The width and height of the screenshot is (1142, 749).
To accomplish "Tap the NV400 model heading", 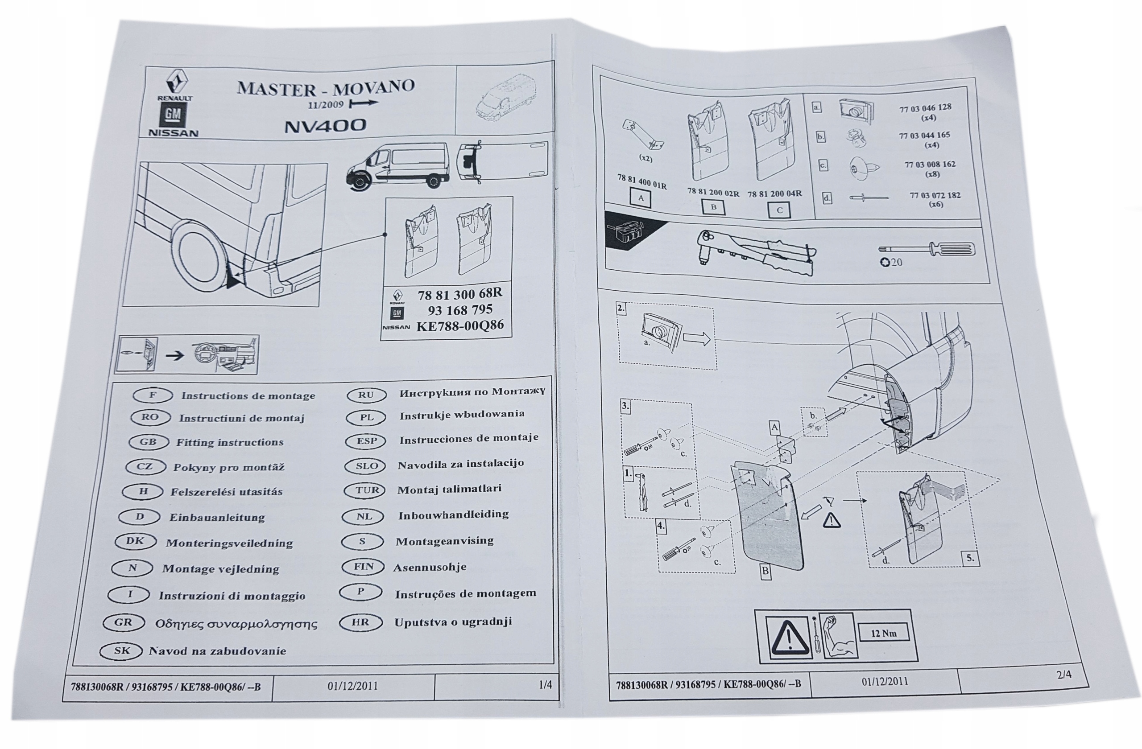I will [x=325, y=126].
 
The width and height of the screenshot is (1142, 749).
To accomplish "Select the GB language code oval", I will [x=149, y=442].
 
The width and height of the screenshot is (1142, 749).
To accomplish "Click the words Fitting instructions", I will [x=230, y=442].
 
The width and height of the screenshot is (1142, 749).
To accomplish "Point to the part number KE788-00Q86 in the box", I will [x=459, y=326].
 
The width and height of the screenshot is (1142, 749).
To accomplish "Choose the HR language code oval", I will [x=360, y=622].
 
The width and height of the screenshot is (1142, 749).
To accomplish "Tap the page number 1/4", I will [x=545, y=685].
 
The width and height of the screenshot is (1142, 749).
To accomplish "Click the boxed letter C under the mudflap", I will [x=779, y=210].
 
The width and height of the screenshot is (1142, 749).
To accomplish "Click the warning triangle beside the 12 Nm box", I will [x=787, y=639].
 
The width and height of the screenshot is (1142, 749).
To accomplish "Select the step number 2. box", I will [x=621, y=309].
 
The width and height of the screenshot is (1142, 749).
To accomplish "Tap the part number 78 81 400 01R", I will [x=641, y=182].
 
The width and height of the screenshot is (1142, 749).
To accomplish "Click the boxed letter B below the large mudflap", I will [x=765, y=571].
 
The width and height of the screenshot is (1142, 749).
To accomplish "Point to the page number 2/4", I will [x=1064, y=674].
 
